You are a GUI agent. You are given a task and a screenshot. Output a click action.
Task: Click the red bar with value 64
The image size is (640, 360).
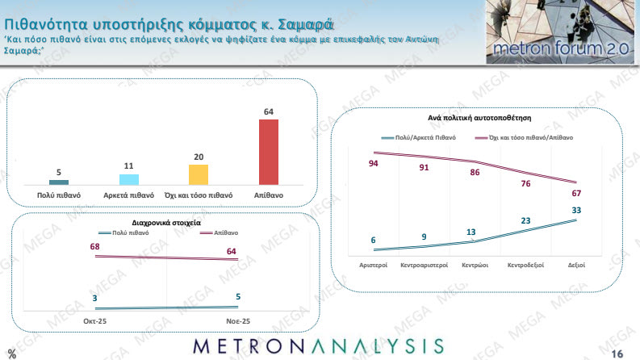click(268, 152)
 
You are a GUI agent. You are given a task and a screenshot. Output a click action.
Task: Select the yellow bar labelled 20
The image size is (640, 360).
click(199, 174)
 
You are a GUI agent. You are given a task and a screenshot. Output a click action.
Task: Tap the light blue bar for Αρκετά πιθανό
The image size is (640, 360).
click(128, 179)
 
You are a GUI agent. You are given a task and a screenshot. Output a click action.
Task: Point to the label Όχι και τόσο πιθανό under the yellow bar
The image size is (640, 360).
click(199, 195)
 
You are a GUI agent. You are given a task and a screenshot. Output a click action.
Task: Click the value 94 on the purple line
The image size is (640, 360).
click(373, 164)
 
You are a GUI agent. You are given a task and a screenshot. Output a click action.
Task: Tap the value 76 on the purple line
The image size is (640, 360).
click(525, 183)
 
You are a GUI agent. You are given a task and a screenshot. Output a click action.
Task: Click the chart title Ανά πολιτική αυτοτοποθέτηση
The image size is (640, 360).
click(478, 118)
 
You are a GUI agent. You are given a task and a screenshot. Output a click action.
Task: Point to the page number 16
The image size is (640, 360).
click(618, 353)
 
